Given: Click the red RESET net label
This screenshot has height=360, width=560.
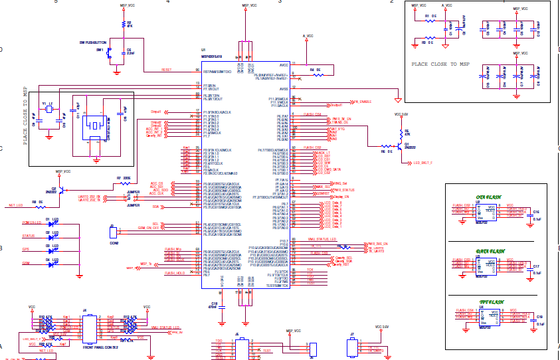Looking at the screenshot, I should click(x=166, y=70).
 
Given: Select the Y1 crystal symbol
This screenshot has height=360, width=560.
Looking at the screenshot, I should click(x=48, y=110).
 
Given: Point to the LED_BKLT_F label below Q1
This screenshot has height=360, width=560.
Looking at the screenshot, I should click(x=423, y=162).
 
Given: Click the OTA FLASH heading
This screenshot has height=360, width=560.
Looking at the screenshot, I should click(x=488, y=197).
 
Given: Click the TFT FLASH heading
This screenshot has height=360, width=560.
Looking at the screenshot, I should click(x=488, y=301).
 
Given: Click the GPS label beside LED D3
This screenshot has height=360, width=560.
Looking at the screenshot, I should click(x=26, y=250).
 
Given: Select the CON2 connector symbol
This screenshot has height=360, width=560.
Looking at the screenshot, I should click(x=114, y=232).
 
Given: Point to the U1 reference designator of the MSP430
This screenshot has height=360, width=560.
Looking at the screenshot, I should click(x=203, y=49).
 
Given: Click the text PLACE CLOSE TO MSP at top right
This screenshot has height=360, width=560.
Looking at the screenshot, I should click(x=440, y=64).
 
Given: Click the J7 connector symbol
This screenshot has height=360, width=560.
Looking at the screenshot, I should click(x=352, y=348).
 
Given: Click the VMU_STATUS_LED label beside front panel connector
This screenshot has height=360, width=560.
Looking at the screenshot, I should click(x=166, y=327).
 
